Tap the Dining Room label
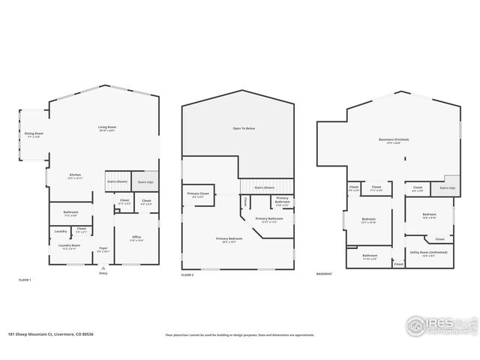(x=34, y=135)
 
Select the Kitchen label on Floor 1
(x=75, y=176)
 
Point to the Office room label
(x=136, y=239)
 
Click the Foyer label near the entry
(x=103, y=250)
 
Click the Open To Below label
(x=244, y=129)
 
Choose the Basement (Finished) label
(x=397, y=142)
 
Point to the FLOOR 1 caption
(x=25, y=280)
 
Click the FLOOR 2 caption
(x=188, y=276)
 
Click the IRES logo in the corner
(x=439, y=325)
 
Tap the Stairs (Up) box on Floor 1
(x=145, y=181)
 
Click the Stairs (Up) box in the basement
(x=447, y=187)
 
